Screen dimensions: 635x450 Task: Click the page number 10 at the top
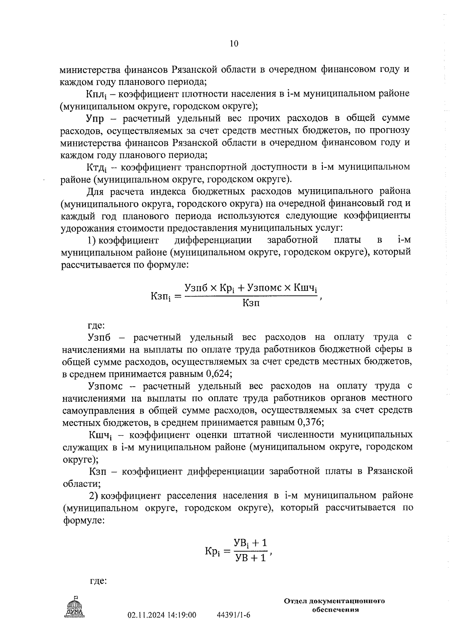coord(233,44)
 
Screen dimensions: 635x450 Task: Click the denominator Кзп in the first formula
coord(250,303)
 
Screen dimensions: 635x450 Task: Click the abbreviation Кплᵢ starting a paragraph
coord(96,94)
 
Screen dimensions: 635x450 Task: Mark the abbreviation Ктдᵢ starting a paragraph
coord(97,167)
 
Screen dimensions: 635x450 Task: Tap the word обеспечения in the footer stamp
coord(336,610)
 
